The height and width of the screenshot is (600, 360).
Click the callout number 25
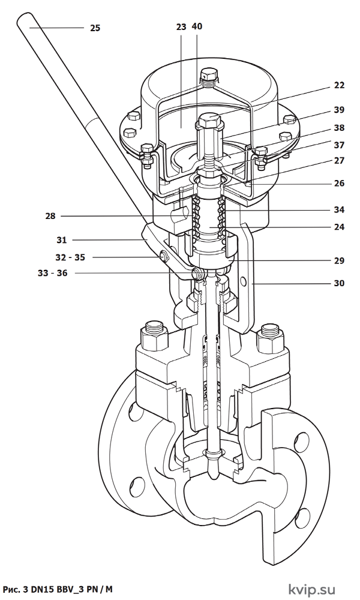click(x=95, y=28)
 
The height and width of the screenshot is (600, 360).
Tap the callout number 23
click(x=181, y=27)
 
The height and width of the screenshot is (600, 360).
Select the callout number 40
click(x=197, y=26)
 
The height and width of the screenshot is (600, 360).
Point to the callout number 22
click(x=339, y=85)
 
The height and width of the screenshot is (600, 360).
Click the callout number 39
click(x=339, y=110)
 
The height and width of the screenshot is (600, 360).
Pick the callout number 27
click(x=339, y=161)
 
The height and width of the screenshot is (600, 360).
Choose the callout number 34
click(x=339, y=209)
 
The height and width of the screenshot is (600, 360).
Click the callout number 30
click(x=339, y=283)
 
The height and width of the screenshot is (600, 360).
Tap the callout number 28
click(x=50, y=216)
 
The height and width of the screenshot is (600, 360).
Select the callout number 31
click(x=62, y=241)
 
